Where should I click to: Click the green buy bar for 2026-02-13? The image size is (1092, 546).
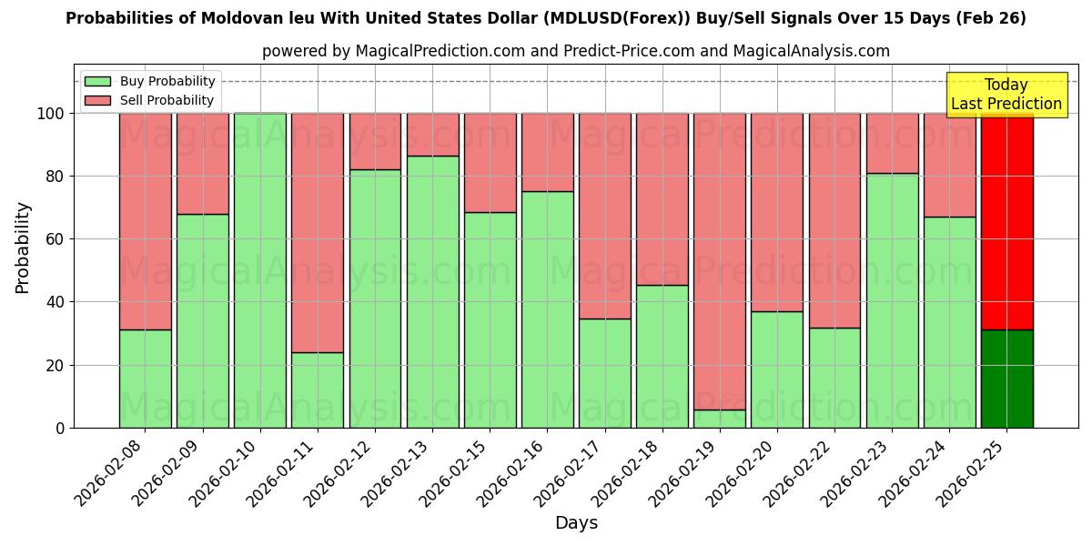[x=432, y=291]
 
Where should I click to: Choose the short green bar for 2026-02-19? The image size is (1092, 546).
[x=720, y=419]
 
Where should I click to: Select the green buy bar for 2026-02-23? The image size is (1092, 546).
[x=892, y=300]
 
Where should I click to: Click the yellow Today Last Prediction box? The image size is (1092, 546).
[x=1006, y=95]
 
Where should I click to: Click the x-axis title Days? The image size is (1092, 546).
[x=576, y=523]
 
